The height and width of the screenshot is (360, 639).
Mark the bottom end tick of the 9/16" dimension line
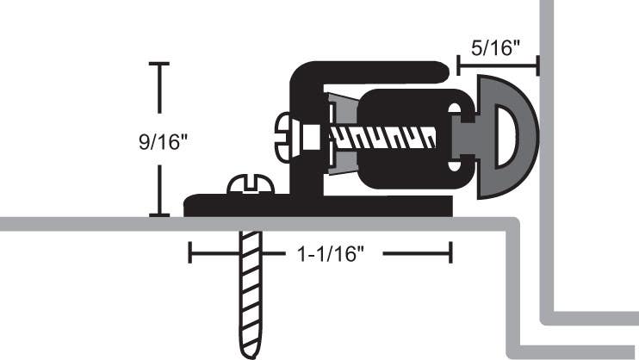coord(159,214)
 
